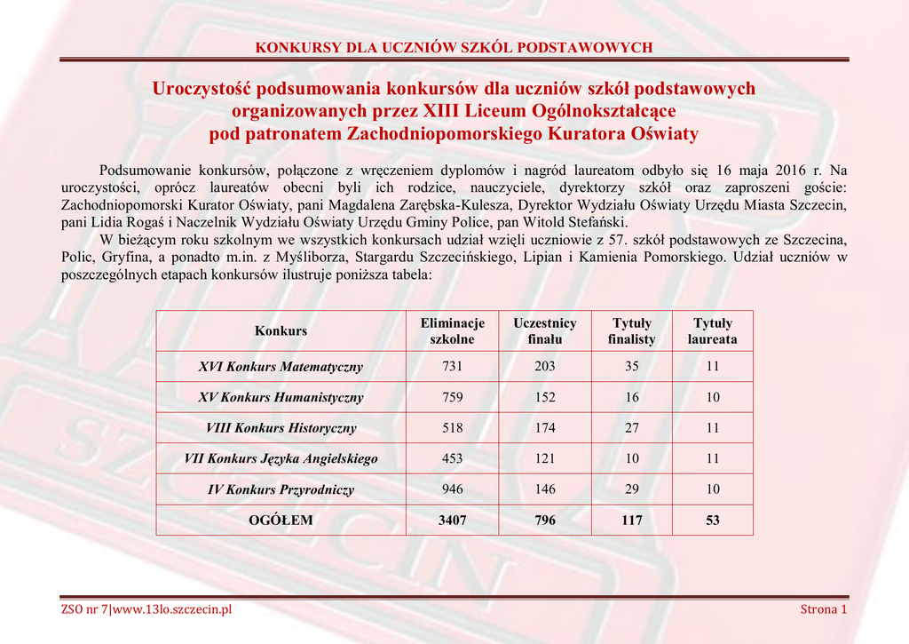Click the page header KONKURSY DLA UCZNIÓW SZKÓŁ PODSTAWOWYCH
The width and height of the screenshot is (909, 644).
pos(454,47)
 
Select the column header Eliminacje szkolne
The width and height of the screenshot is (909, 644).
pos(453,331)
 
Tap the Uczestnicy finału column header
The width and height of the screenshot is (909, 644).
pos(545,331)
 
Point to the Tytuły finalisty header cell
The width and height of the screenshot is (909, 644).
pos(632,331)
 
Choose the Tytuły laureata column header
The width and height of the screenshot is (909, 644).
pos(713,331)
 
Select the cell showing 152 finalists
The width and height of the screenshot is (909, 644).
pos(545,398)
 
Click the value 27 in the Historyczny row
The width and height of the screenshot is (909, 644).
pos(632,428)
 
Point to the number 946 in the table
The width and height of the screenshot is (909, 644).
pos(453,489)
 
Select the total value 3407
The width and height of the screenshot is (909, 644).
pos(453,521)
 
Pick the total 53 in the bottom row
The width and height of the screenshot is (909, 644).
pos(713,521)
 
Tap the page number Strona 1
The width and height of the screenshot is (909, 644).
pos(824,609)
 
